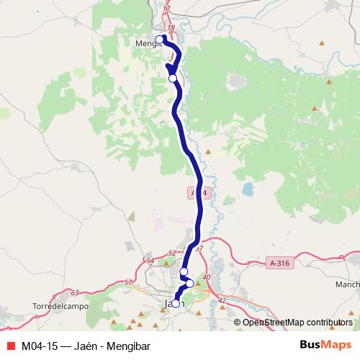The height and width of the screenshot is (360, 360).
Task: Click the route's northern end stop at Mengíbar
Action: click(160, 40)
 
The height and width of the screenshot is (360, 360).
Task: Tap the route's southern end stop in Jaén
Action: click(175, 304)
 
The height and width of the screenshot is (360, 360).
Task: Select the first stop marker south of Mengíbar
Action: click(173, 78)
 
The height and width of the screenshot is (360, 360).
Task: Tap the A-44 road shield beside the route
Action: click(199, 193)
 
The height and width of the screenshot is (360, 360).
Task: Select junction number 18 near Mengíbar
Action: click(170, 28)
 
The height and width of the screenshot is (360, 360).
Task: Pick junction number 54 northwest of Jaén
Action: click(150, 261)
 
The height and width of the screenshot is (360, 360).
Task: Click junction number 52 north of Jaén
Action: click(171, 253)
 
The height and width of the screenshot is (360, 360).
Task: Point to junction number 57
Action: click(128, 282)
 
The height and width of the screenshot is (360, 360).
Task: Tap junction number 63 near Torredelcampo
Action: click(75, 293)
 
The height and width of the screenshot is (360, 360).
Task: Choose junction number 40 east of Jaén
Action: click(207, 277)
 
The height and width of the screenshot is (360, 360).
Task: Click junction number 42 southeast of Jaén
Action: click(221, 300)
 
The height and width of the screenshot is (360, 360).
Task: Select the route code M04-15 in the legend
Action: click(40, 346)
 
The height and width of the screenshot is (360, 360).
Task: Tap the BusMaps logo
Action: click(325, 346)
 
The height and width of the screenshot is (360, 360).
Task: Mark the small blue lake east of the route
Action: click(248, 189)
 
